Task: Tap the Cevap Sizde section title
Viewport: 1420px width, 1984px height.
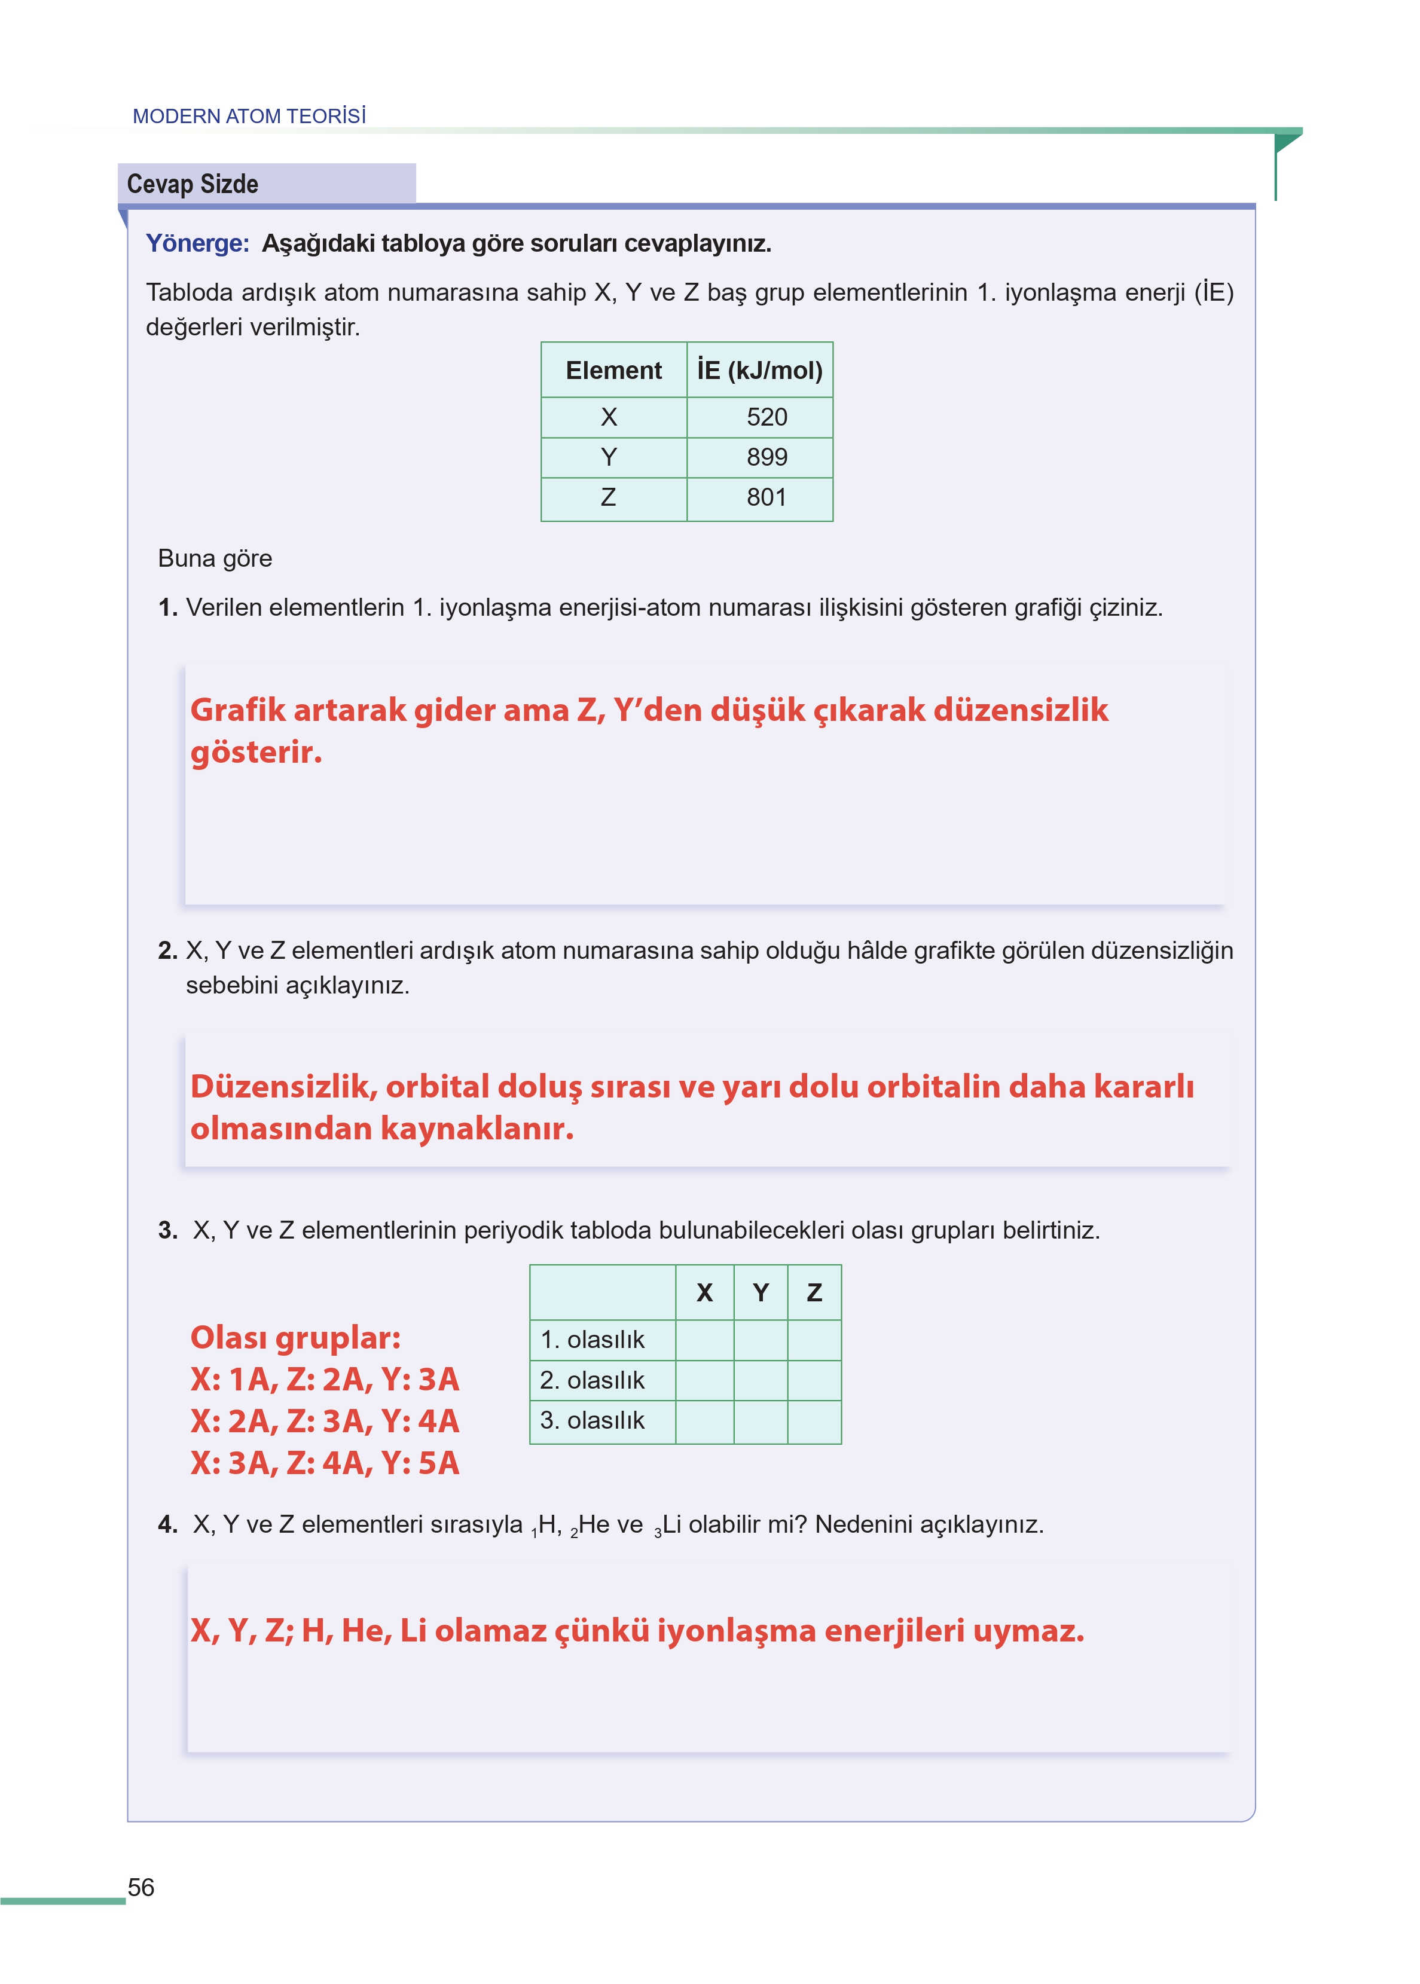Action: [x=193, y=185]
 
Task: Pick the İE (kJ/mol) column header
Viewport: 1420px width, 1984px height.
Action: [x=759, y=371]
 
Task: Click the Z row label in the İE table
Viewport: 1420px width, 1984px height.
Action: [x=609, y=497]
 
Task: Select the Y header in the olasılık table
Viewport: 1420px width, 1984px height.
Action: [x=760, y=1292]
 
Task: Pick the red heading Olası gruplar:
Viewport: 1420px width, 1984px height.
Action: [x=295, y=1337]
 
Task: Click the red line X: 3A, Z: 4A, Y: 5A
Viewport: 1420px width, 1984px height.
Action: [x=325, y=1463]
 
